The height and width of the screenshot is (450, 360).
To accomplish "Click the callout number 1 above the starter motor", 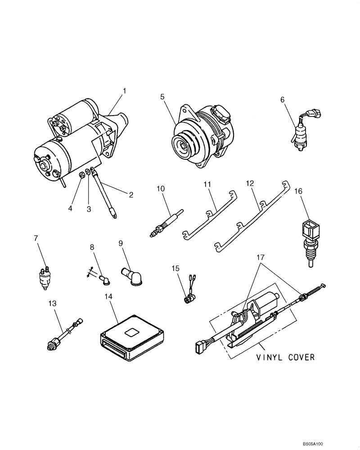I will tap(125, 91).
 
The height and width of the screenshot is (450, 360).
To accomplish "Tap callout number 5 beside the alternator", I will tap(162, 96).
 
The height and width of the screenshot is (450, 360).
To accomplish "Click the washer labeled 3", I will tap(88, 172).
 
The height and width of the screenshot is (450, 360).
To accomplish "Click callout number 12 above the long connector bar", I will tap(250, 184).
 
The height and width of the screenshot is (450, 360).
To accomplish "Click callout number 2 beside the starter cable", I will tap(131, 195).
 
